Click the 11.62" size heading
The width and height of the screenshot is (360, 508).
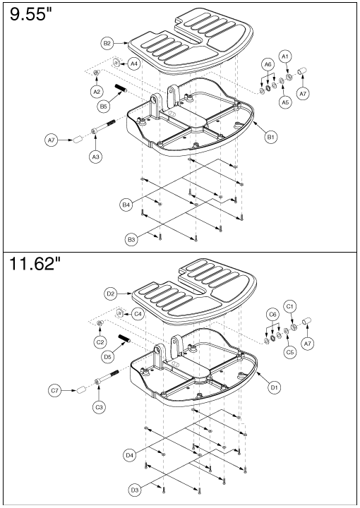click(x=35, y=263)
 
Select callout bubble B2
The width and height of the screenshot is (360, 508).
click(x=107, y=43)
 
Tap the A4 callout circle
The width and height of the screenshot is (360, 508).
click(x=134, y=64)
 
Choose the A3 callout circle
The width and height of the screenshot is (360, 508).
click(x=95, y=157)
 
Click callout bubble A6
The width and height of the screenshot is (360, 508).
click(x=268, y=64)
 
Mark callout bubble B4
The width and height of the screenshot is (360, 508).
click(x=126, y=205)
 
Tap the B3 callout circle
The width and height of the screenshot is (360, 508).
click(x=131, y=240)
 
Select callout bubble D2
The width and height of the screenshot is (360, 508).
click(x=111, y=294)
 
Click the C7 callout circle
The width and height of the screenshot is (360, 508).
click(x=55, y=390)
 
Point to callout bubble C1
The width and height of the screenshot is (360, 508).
click(x=290, y=306)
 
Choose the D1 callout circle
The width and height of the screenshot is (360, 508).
click(x=274, y=387)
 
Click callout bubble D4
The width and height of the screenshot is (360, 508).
click(x=130, y=455)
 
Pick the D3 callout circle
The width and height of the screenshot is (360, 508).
click(x=135, y=490)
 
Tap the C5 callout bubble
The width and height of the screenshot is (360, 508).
click(x=290, y=352)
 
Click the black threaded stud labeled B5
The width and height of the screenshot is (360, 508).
click(x=121, y=88)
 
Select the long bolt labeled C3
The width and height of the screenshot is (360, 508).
click(x=107, y=376)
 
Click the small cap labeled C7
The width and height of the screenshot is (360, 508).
click(x=81, y=389)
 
